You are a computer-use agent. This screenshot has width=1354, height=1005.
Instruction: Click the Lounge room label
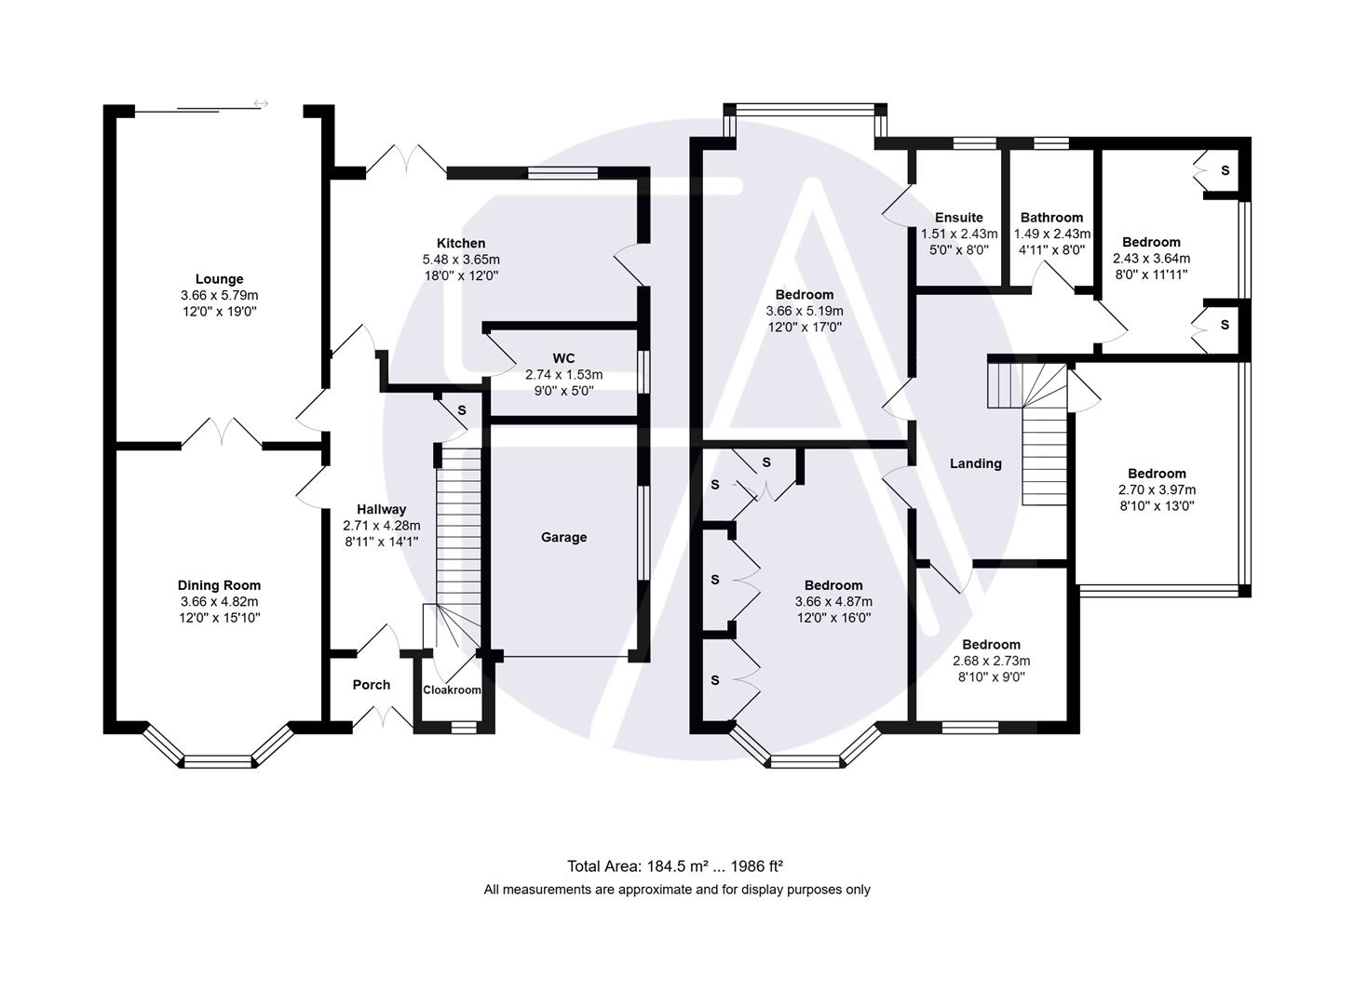(x=219, y=279)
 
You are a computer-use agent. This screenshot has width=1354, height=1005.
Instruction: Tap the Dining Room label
(x=219, y=585)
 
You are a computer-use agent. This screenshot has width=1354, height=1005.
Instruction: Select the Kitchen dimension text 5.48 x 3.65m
(x=461, y=260)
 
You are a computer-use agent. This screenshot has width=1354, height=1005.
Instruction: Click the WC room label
(x=563, y=358)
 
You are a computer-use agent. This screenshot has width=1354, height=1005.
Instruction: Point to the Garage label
(x=563, y=537)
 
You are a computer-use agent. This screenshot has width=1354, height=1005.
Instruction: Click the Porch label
(x=371, y=685)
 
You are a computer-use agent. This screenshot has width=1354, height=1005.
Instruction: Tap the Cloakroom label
(x=452, y=690)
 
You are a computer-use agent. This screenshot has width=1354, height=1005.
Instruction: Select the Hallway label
(x=381, y=509)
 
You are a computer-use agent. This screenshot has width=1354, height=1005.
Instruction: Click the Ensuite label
(x=958, y=218)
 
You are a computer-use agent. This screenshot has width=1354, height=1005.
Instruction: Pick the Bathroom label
(x=1051, y=218)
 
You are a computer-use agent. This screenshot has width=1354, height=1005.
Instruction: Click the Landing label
(x=975, y=463)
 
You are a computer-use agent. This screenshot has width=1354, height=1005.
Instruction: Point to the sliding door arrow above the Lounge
(x=261, y=103)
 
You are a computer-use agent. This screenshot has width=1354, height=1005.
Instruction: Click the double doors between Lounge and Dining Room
(x=222, y=434)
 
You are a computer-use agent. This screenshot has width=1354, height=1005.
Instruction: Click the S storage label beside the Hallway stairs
(x=461, y=410)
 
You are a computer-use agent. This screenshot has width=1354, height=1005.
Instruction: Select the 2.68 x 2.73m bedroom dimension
(x=991, y=661)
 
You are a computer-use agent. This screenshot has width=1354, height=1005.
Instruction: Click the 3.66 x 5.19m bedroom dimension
(x=805, y=311)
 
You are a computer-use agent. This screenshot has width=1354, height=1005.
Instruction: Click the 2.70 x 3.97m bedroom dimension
(x=1157, y=489)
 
